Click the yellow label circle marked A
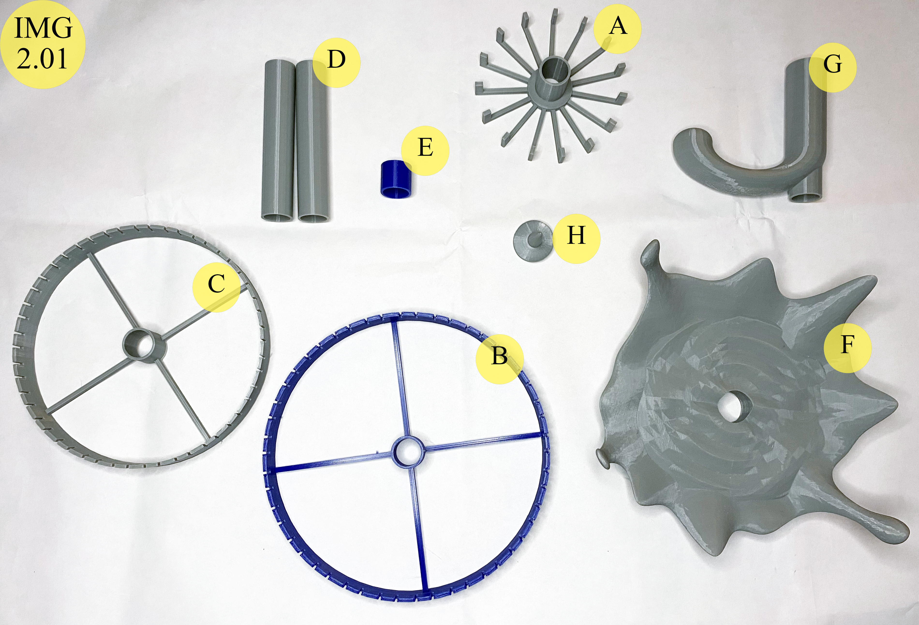[x=617, y=29]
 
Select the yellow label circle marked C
[x=216, y=287]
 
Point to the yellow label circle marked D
[x=336, y=62]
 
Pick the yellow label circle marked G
[x=832, y=68]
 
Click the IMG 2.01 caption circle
[x=43, y=44]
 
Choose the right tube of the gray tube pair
[x=312, y=141]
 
